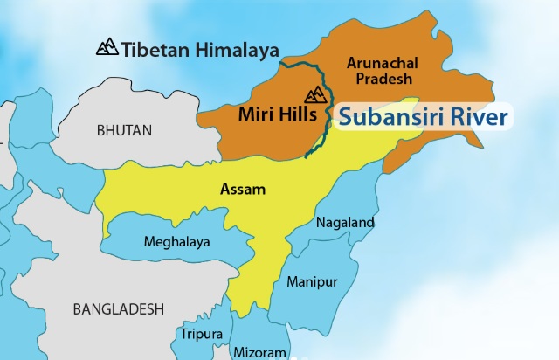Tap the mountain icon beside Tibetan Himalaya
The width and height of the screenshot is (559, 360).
107,45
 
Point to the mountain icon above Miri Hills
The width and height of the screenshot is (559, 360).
314,93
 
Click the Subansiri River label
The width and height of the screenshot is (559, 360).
423,116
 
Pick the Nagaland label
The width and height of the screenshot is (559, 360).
345,222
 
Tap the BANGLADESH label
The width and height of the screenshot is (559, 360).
118,308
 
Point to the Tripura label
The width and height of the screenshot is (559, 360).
201,334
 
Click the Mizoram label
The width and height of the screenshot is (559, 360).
259,352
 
